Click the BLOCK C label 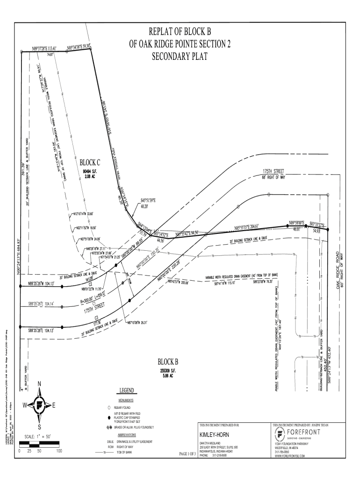pos(90,162)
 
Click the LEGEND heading pos(127,391)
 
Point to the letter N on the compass pos(39,384)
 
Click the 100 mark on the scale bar pos(59,451)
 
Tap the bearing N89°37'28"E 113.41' pos(44,49)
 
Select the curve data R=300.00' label pos(87,297)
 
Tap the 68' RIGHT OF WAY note pos(273,177)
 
